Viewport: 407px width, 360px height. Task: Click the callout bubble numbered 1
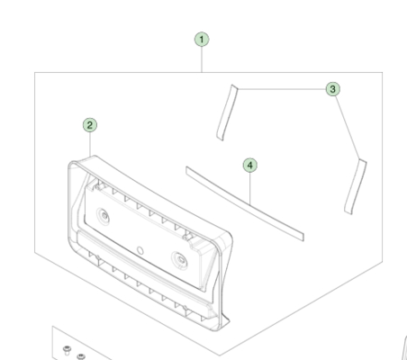click(x=202, y=40)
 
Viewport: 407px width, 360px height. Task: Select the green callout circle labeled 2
click(x=89, y=124)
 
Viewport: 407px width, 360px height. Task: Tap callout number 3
click(x=332, y=89)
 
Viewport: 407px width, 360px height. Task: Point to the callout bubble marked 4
click(x=250, y=166)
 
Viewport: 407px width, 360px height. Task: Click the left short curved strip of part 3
click(x=222, y=112)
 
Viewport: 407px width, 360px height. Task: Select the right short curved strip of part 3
click(x=356, y=186)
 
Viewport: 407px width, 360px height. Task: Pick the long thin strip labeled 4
click(x=245, y=203)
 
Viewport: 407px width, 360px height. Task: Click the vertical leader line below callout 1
click(x=202, y=59)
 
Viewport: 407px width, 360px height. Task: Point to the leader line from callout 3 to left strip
click(x=279, y=87)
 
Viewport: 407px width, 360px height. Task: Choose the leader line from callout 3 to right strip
click(x=348, y=126)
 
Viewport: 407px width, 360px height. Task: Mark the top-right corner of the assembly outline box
click(x=368, y=74)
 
